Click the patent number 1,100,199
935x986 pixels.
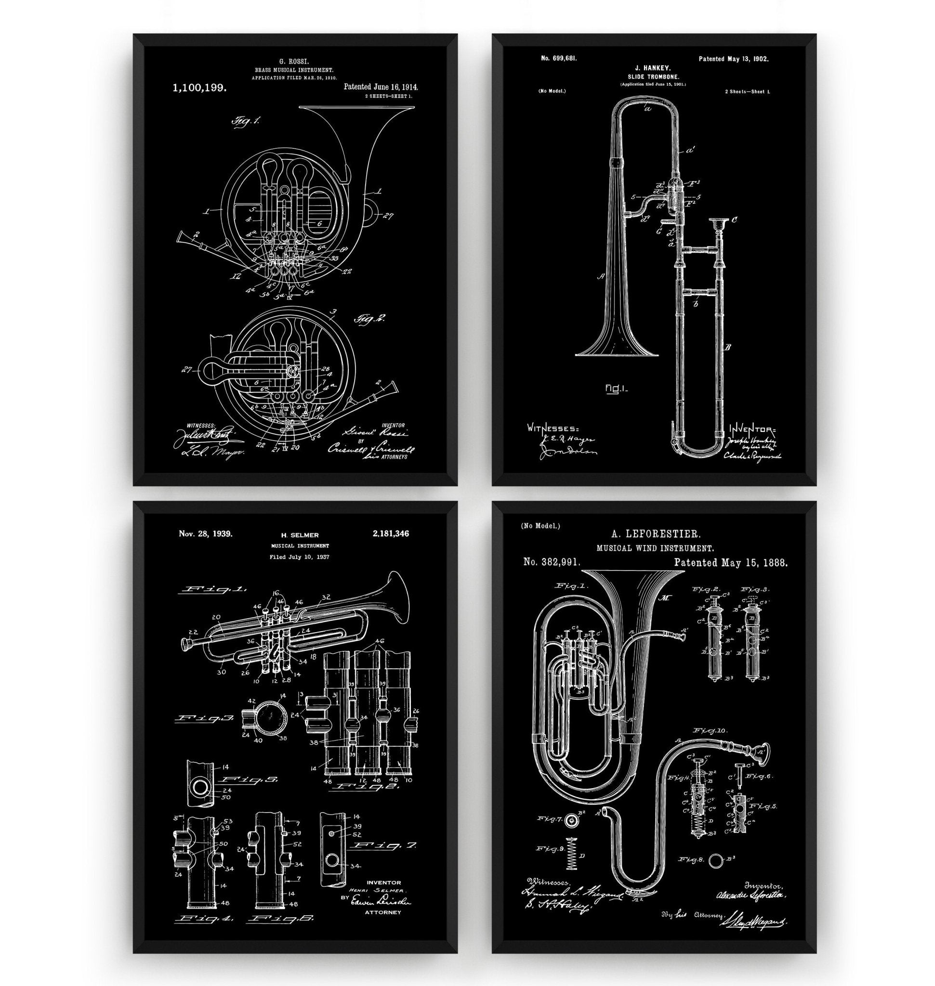(199, 88)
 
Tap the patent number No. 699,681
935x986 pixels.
(559, 58)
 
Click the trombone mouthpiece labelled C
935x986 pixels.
(718, 223)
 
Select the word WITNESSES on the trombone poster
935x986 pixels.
(553, 428)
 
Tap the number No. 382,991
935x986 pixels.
(552, 562)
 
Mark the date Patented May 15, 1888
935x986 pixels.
(731, 562)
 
